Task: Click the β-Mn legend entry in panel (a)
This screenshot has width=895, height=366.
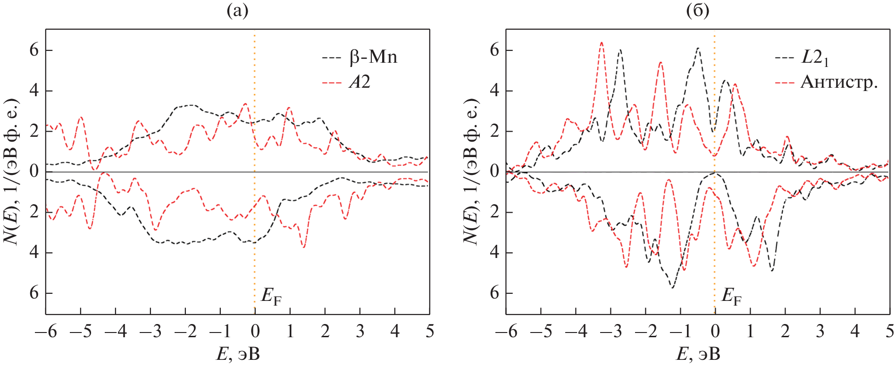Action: click(x=373, y=57)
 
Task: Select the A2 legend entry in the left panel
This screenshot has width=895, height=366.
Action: click(x=359, y=83)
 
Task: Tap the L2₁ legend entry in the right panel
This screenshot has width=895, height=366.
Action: click(x=814, y=58)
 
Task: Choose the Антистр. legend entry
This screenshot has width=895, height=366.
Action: click(x=839, y=83)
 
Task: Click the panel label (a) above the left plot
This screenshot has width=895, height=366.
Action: click(x=237, y=10)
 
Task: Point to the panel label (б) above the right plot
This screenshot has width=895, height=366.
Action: click(x=697, y=10)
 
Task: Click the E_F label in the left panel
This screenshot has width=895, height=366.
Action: click(x=271, y=297)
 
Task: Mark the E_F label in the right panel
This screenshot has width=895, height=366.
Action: click(x=731, y=297)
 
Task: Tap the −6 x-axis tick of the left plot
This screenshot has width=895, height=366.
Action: click(x=46, y=332)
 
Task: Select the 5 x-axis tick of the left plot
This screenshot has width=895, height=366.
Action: click(x=429, y=332)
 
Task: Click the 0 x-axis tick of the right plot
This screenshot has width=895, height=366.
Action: click(x=715, y=332)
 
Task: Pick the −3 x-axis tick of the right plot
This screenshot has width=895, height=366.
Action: click(x=610, y=332)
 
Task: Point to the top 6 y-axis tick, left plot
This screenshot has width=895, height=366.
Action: click(x=34, y=50)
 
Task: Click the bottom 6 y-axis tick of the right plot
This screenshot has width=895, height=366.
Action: click(x=494, y=293)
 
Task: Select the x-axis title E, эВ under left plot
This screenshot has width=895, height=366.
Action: click(x=238, y=354)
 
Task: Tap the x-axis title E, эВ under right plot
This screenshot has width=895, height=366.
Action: click(x=698, y=354)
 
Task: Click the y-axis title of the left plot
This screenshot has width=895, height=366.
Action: click(x=11, y=172)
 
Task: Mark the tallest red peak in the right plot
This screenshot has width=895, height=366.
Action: click(x=602, y=43)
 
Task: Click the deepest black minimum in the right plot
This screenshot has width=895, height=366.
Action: click(x=672, y=287)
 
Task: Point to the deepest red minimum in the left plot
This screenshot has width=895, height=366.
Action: click(x=304, y=247)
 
